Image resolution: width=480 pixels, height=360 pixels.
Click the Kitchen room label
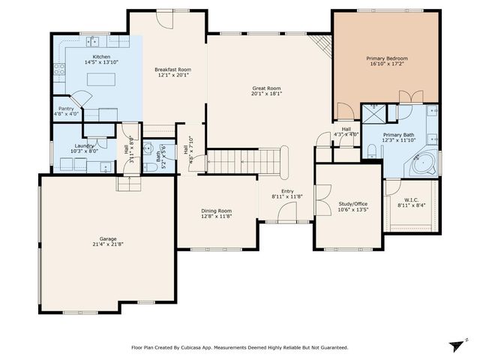point(101,57)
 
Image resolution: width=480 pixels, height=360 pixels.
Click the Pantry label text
point(66,108)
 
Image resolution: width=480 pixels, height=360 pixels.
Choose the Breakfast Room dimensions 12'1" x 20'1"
point(169,75)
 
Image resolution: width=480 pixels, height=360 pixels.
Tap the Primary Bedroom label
point(386,58)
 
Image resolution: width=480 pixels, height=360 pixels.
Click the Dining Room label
point(216,211)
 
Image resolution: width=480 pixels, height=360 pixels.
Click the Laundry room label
point(84,145)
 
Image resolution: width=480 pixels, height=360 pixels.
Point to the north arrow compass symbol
point(454,344)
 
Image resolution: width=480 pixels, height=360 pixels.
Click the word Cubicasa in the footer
point(194,348)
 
